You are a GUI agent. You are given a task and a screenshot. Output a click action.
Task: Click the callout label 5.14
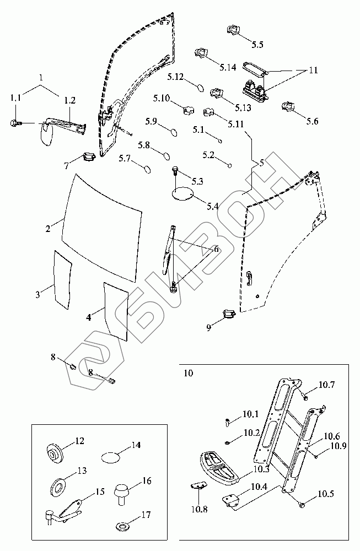[228, 67]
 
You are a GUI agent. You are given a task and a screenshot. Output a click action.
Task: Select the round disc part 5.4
[182, 193]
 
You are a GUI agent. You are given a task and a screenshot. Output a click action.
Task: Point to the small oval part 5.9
[174, 132]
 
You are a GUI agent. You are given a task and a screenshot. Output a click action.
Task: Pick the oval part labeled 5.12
[199, 87]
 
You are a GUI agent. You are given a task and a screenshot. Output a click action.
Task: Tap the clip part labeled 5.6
[289, 106]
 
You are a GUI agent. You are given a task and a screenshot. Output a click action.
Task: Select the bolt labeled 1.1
[15, 123]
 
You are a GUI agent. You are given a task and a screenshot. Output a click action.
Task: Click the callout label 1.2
[69, 100]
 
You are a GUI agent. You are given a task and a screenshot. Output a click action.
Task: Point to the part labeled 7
[89, 156]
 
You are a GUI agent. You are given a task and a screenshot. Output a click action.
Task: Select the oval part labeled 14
[110, 457]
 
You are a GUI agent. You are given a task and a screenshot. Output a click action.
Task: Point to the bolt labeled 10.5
[302, 505]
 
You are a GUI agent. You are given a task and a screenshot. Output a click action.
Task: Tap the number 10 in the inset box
[189, 373]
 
